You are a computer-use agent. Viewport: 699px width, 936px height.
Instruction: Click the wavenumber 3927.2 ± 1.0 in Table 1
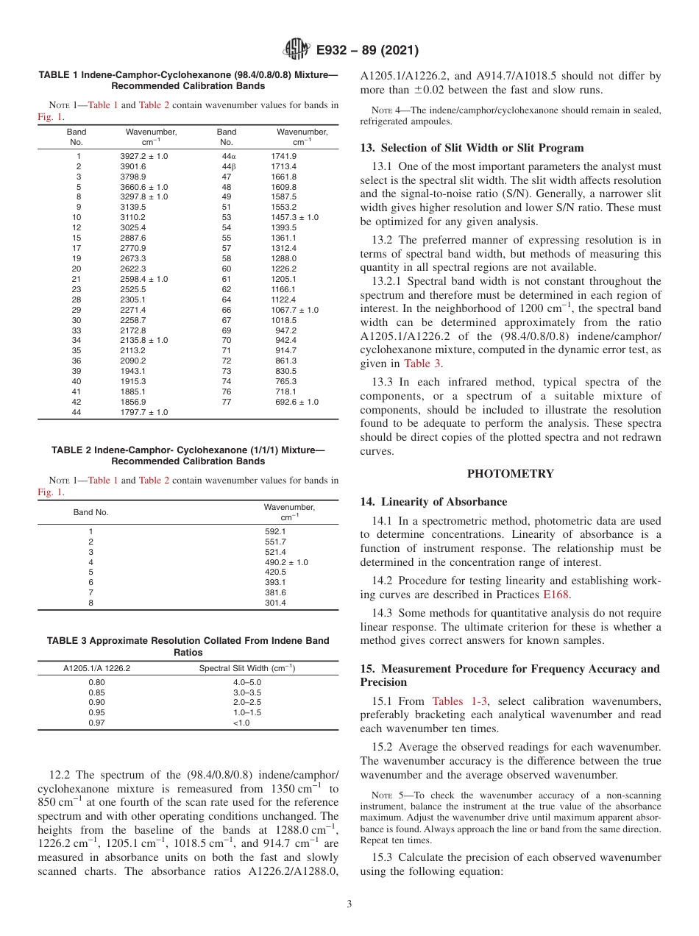[143, 156]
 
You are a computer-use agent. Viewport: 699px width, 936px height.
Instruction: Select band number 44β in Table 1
[227, 166]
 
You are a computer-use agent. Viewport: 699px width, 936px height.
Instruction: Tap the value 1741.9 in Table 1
[283, 156]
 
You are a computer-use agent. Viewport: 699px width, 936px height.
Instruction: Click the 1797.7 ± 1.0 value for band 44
[143, 412]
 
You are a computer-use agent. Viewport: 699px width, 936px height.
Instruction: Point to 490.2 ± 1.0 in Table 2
[286, 562]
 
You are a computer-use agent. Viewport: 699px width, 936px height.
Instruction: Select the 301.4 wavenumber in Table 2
[275, 603]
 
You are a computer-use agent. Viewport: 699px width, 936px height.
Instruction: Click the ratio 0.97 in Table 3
[96, 723]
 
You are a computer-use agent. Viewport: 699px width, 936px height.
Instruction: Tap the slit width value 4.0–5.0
[247, 682]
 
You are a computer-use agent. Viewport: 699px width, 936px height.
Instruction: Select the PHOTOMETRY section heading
[510, 474]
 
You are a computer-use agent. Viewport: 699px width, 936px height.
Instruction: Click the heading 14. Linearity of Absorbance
[433, 502]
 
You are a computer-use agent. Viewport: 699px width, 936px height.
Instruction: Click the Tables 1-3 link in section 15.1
[458, 701]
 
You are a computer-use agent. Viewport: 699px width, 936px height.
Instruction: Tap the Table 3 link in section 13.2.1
[423, 363]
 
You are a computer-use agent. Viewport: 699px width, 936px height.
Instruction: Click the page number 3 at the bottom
[349, 904]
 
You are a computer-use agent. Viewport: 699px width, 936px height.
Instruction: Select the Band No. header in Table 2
[91, 511]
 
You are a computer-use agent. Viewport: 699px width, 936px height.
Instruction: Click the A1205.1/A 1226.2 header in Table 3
[96, 668]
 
